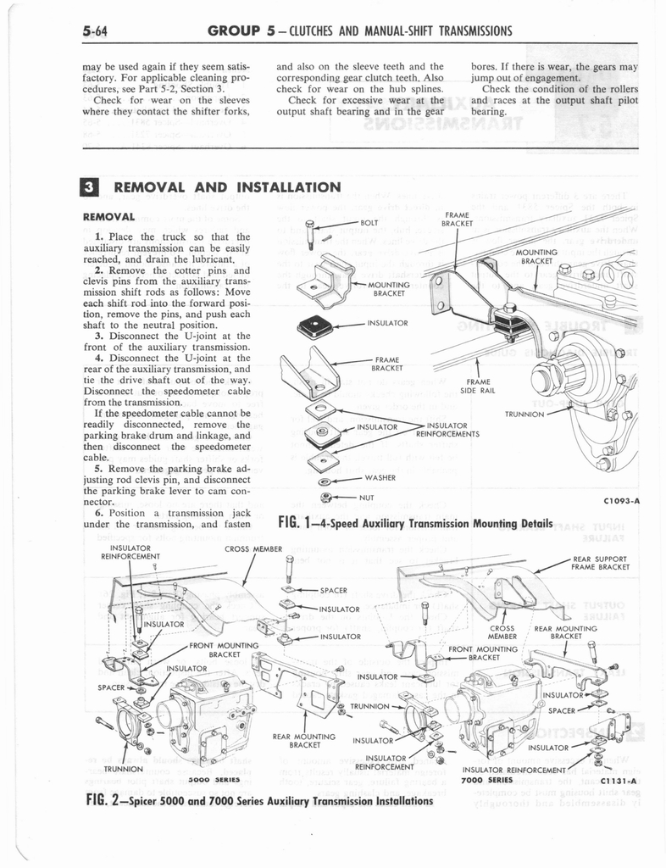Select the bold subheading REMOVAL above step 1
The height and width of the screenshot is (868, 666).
click(110, 216)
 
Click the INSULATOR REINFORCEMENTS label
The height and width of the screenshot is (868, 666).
click(447, 429)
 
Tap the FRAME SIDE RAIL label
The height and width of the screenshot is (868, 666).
click(478, 387)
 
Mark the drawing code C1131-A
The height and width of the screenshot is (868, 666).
click(619, 780)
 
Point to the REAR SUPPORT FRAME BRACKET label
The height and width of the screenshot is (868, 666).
click(599, 563)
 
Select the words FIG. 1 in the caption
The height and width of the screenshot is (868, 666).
click(296, 521)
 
